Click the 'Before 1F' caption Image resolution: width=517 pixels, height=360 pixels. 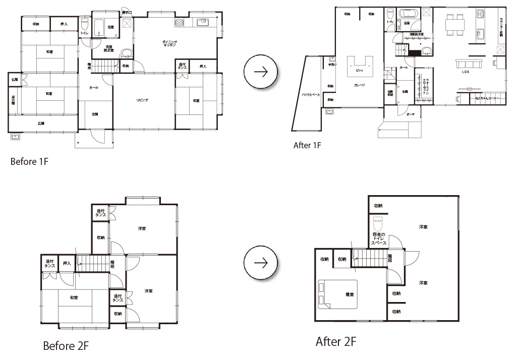[x=29, y=162]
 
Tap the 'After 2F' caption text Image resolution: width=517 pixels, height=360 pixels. [x=336, y=342]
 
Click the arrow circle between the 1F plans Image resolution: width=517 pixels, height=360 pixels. [x=260, y=72]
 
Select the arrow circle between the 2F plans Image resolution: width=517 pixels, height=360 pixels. [x=260, y=264]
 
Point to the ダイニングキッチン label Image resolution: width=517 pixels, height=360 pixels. [x=169, y=43]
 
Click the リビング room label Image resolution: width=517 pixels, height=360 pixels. [x=142, y=100]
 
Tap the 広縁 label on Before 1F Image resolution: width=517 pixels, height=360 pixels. [x=41, y=124]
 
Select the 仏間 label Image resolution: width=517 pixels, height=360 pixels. [x=15, y=79]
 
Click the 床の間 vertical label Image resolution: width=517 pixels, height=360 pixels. [x=13, y=100]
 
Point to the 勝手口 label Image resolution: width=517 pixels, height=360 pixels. [x=127, y=12]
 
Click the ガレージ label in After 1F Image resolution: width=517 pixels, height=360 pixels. [x=359, y=85]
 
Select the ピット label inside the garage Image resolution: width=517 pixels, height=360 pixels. [x=359, y=70]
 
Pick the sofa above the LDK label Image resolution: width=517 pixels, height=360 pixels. [x=469, y=64]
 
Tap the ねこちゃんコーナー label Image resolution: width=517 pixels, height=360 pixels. [x=487, y=99]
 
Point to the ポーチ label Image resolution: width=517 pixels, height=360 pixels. [x=411, y=114]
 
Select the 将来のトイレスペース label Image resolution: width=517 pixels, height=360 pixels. [x=379, y=238]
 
